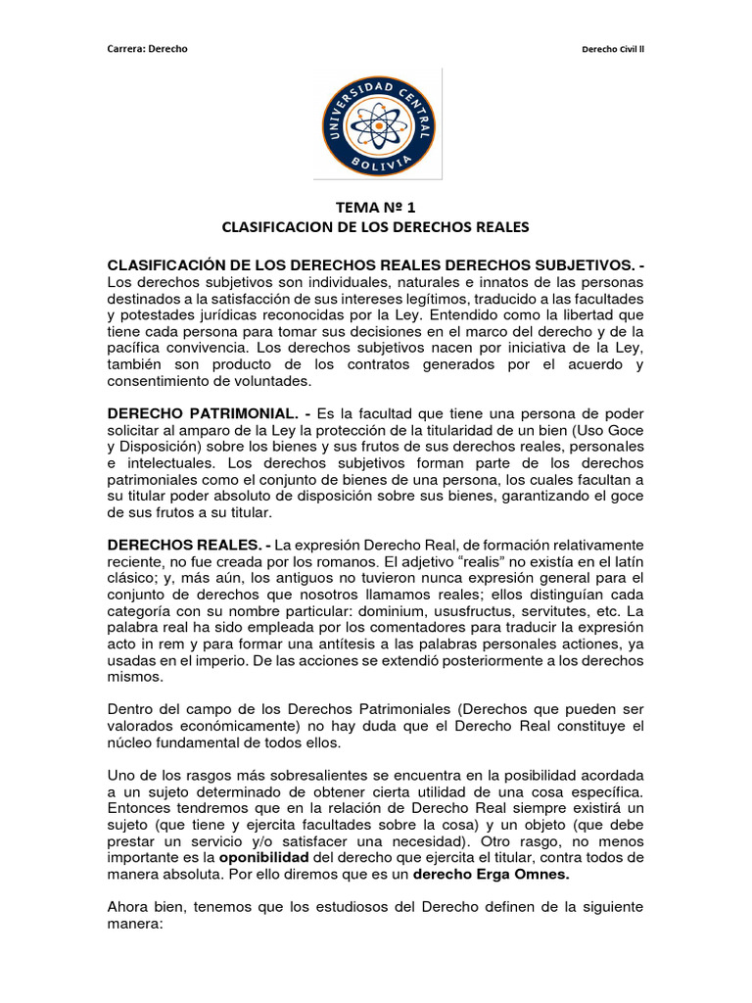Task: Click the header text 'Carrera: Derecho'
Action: [x=146, y=50]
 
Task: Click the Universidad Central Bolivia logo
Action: [x=375, y=124]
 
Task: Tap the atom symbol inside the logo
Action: [x=375, y=124]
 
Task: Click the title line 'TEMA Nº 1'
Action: [x=375, y=207]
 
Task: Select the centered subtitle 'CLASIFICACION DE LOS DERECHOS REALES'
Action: [x=375, y=227]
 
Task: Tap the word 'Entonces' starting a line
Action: [x=137, y=808]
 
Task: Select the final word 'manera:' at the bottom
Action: [x=132, y=924]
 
